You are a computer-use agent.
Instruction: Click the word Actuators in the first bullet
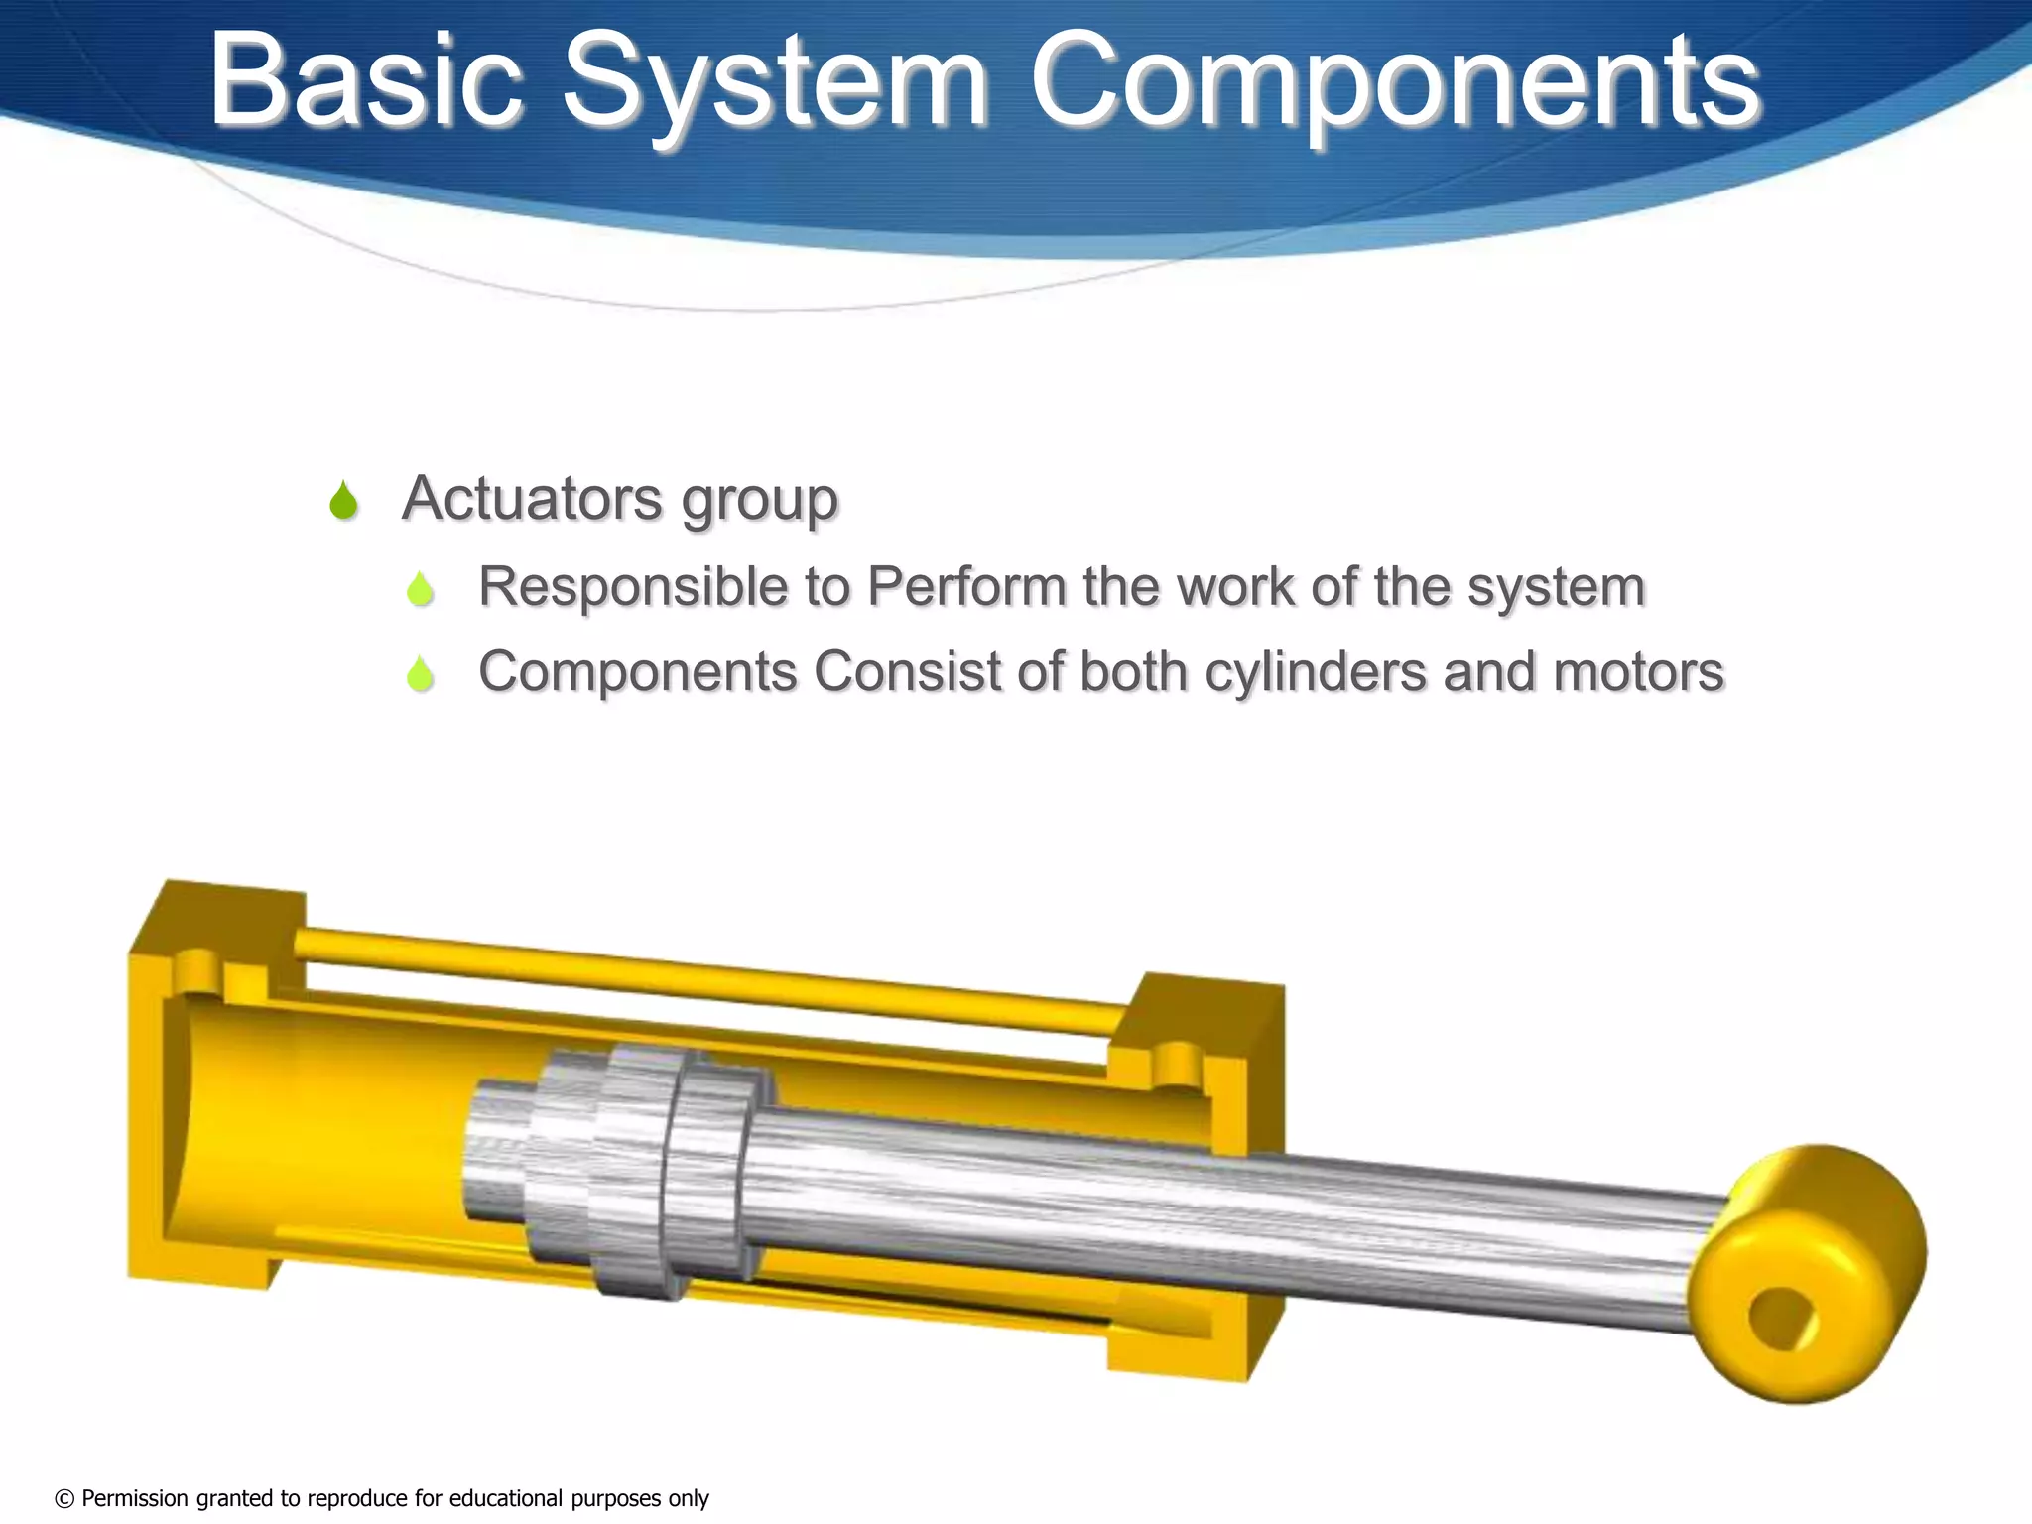tap(531, 498)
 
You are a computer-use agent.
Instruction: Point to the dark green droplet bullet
tap(343, 501)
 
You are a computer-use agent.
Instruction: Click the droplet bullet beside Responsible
tap(421, 589)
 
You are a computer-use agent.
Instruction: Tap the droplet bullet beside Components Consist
tap(421, 675)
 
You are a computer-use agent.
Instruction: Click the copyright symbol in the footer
tap(64, 1498)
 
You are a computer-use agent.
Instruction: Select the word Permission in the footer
tap(135, 1498)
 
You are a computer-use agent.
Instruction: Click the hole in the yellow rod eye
tap(1782, 1319)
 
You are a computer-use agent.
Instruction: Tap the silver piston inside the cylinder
tap(635, 1171)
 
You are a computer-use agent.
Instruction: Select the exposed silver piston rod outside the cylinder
tap(1439, 1230)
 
